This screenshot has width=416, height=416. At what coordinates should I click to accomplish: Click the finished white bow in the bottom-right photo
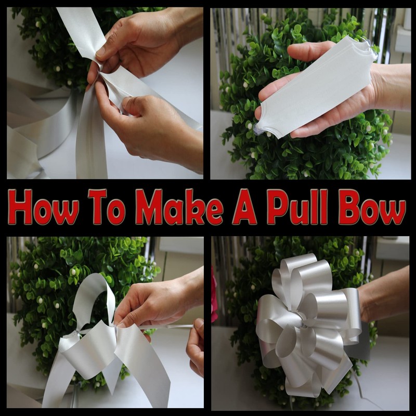tap(307, 322)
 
